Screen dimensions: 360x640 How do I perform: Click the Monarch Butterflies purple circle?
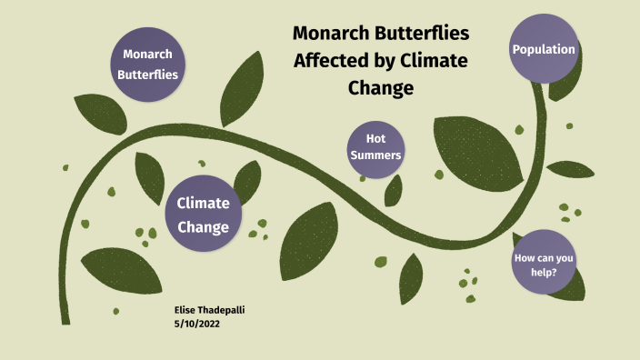tap(147, 65)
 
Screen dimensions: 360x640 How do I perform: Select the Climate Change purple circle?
tap(203, 214)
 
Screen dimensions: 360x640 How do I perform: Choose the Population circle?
tap(544, 49)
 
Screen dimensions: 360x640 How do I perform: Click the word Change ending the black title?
tap(381, 87)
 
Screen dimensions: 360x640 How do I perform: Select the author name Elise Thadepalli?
tap(209, 310)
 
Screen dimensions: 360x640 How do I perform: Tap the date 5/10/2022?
tap(196, 324)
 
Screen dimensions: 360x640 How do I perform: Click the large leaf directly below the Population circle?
tap(476, 145)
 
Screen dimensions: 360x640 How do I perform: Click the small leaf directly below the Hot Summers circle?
tap(394, 190)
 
